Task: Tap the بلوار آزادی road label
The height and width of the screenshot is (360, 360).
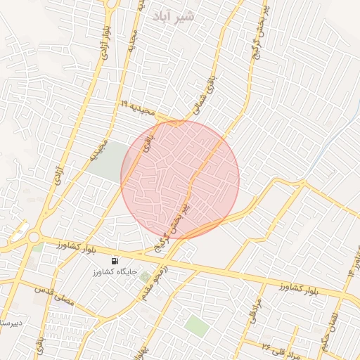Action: point(105,41)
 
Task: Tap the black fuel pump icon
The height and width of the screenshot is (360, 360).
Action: point(115,260)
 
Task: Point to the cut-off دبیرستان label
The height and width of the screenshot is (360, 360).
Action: point(10,323)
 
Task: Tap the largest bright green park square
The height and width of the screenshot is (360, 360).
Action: point(198,326)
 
